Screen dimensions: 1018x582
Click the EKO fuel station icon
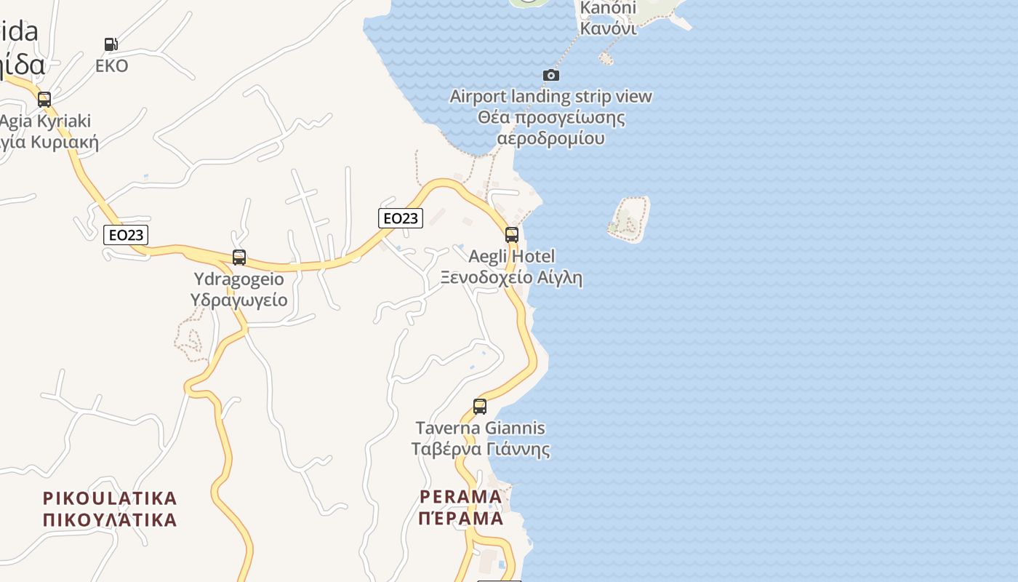tap(111, 44)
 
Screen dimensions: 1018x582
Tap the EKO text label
tap(112, 66)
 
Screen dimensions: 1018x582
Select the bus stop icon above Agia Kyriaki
tap(44, 100)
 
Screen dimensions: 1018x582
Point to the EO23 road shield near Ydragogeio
tap(126, 234)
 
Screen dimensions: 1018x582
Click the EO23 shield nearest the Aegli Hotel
tap(401, 218)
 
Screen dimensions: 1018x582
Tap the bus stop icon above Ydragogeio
tap(239, 258)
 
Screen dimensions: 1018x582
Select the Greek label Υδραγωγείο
tap(239, 300)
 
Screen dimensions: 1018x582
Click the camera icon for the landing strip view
tap(551, 75)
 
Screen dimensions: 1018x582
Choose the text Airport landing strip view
tap(550, 97)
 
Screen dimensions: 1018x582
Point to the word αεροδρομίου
tap(550, 138)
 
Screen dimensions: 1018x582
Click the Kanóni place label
tap(608, 9)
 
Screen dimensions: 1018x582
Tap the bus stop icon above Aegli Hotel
tap(512, 235)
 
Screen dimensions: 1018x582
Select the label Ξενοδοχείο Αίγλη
tap(511, 277)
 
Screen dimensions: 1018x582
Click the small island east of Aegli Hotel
tap(628, 218)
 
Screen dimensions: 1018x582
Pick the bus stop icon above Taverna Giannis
tap(480, 407)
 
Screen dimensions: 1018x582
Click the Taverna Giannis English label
tap(480, 428)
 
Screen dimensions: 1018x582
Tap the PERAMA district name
tap(461, 498)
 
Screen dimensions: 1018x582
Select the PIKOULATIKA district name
tap(110, 498)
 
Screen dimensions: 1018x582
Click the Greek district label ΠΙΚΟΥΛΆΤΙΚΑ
tap(110, 519)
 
